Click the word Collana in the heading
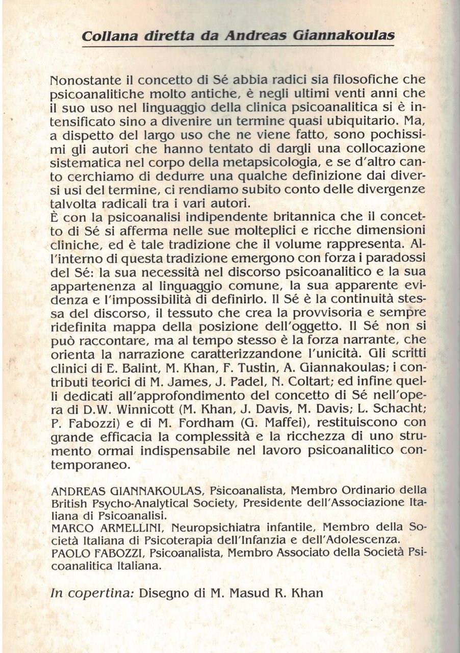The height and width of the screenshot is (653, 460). coord(106,37)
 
